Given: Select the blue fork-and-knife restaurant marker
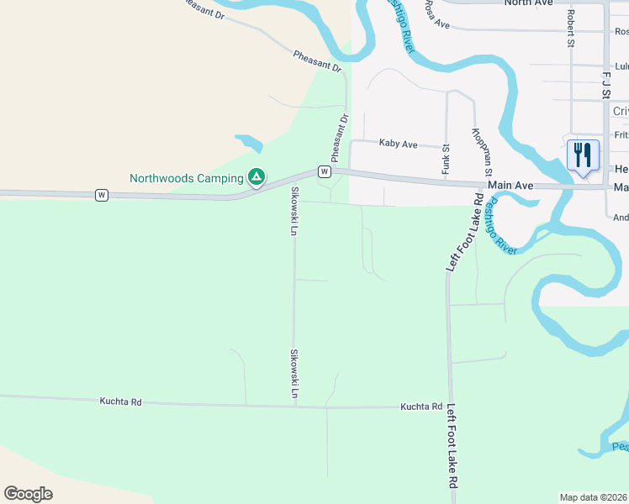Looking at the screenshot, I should tap(583, 156).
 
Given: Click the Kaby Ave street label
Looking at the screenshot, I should tap(398, 144).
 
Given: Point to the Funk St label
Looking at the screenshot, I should tap(446, 160).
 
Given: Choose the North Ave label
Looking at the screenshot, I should tap(528, 3).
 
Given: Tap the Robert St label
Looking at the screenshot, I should tap(570, 29).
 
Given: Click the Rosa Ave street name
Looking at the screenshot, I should tap(437, 14).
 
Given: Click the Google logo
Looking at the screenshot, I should tap(28, 494).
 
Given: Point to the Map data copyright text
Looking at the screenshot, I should tap(594, 497).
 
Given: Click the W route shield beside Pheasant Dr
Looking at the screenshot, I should tap(324, 171).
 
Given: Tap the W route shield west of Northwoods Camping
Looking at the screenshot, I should tap(101, 195).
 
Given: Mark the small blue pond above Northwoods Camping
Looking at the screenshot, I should tap(249, 142).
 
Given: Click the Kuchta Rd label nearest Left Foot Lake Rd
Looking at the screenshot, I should tap(421, 407).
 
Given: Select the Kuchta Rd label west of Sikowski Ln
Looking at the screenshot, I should tap(121, 402).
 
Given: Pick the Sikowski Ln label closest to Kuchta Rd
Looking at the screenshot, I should tap(294, 374).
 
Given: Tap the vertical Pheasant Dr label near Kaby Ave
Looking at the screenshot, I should tap(339, 139).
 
